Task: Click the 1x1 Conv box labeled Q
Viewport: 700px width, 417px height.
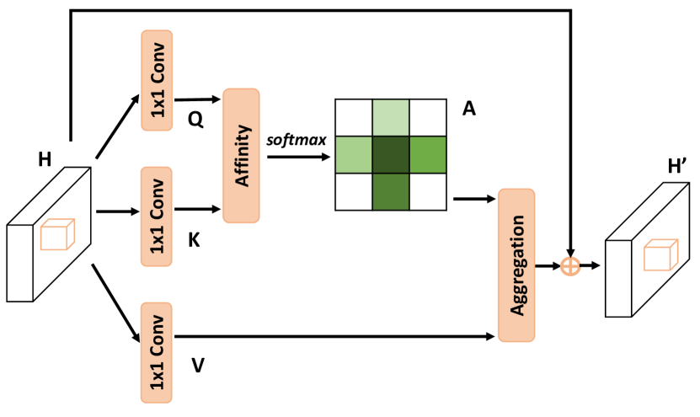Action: coord(158,81)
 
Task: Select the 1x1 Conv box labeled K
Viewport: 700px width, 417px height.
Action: coord(158,217)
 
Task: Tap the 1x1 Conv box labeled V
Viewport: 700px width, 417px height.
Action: coord(158,352)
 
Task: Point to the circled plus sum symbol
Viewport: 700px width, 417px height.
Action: coord(570,266)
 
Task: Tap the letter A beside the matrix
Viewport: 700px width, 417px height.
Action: coord(470,109)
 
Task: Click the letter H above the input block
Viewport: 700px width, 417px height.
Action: coord(45,158)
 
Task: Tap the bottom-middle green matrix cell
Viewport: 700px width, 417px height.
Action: coord(392,192)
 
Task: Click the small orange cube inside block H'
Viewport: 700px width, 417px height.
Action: coord(660,254)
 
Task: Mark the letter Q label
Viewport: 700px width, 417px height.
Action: coord(195,120)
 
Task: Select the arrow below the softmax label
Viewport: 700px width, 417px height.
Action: coord(297,156)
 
